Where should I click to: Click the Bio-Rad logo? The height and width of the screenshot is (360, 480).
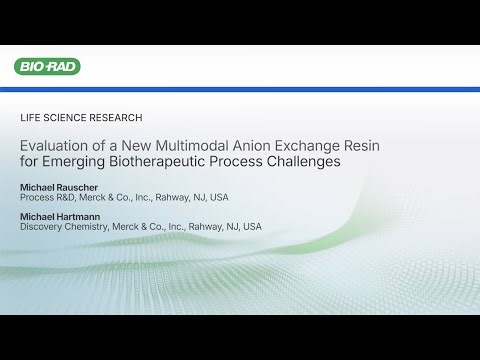47,67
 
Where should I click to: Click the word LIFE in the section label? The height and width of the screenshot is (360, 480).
30,118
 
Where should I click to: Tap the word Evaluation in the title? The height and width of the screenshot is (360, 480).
54,145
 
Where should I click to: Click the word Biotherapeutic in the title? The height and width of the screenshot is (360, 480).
149,161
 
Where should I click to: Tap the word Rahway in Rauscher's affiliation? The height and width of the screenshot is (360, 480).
171,197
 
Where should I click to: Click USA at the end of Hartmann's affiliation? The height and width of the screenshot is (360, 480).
251,227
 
